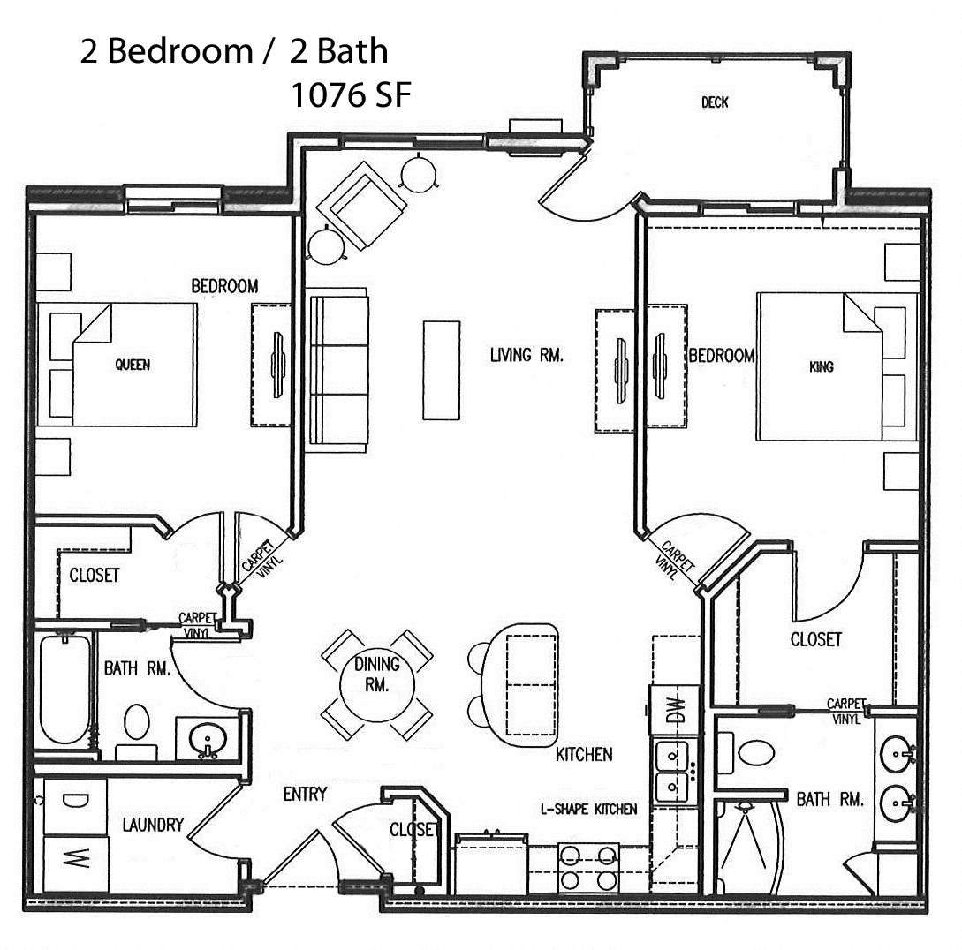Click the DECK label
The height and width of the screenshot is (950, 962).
click(x=715, y=102)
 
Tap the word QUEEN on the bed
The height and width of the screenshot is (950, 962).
click(x=133, y=365)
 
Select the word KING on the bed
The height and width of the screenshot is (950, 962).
click(x=821, y=366)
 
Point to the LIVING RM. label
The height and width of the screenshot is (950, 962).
click(x=526, y=356)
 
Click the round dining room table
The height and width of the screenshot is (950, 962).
click(x=377, y=683)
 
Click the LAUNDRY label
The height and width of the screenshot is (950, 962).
click(x=153, y=825)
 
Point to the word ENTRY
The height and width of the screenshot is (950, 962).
click(x=305, y=794)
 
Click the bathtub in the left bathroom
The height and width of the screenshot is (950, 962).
click(x=64, y=691)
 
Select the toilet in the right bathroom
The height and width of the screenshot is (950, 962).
click(x=755, y=751)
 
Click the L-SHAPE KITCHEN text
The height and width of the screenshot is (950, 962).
click(x=588, y=809)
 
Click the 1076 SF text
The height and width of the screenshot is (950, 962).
click(x=351, y=94)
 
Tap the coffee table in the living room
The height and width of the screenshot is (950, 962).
click(x=441, y=369)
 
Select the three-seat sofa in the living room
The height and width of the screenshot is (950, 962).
click(x=338, y=370)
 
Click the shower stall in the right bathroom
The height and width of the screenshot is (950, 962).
click(x=749, y=848)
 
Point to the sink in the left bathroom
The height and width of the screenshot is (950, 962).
click(x=209, y=739)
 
